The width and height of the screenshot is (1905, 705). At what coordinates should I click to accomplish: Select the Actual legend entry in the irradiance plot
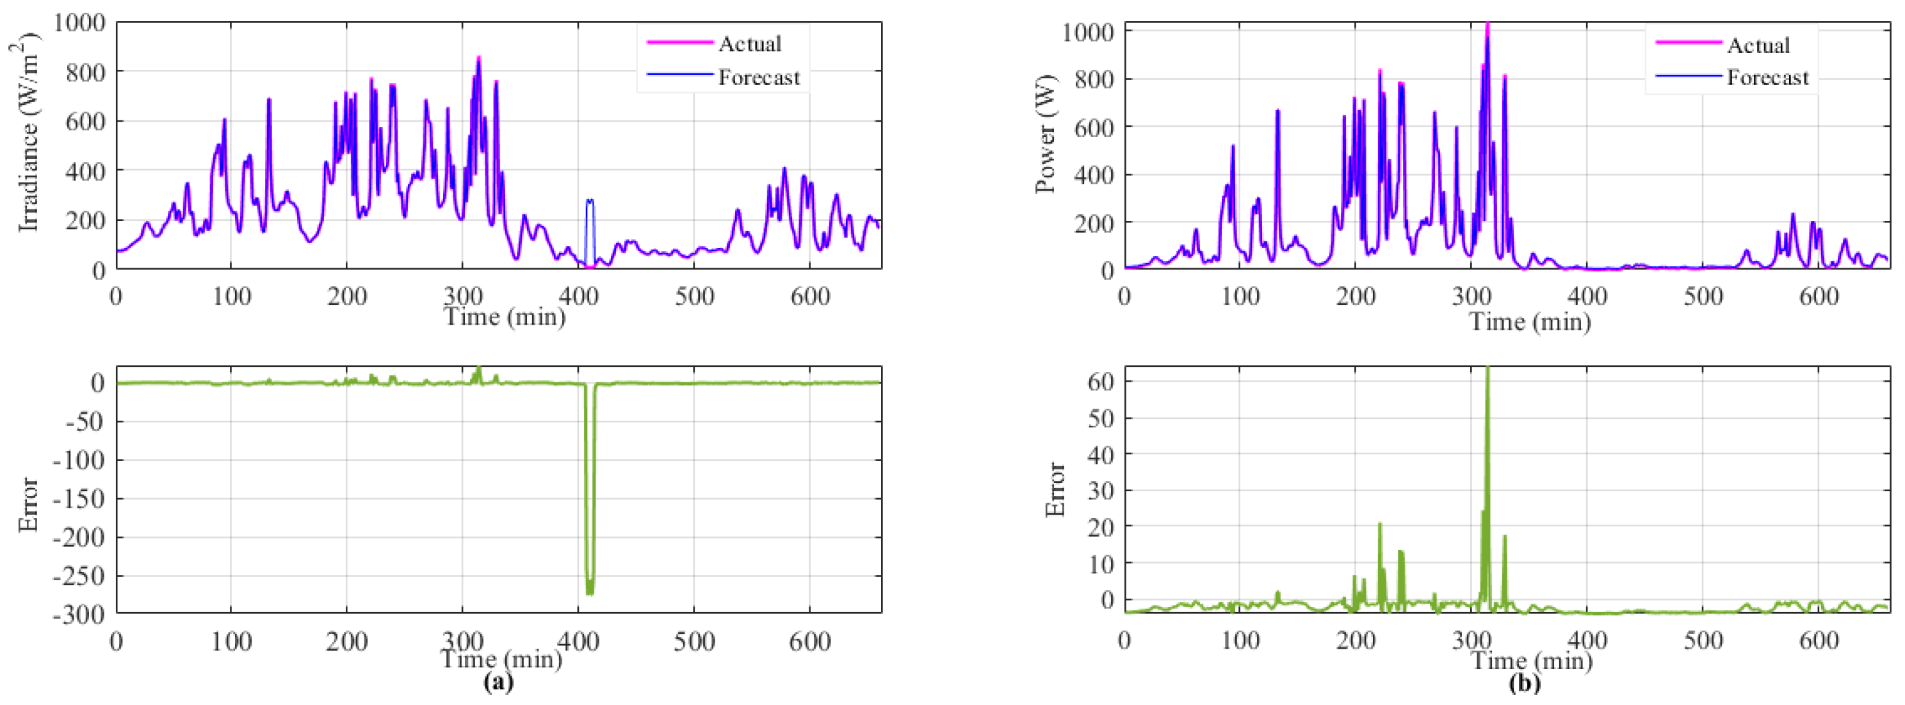[749, 44]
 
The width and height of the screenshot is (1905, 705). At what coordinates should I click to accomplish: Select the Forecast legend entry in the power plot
[1767, 77]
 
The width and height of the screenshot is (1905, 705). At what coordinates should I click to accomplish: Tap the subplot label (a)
[498, 681]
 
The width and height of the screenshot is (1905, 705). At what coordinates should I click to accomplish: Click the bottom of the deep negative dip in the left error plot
[589, 592]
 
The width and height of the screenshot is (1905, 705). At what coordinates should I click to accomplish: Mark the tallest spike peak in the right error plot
[1487, 368]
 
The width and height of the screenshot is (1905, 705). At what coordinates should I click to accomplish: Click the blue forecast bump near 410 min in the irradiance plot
[589, 200]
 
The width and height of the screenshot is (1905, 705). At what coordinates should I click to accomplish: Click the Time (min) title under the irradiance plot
[505, 316]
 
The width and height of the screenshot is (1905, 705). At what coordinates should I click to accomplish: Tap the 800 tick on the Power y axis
[1089, 79]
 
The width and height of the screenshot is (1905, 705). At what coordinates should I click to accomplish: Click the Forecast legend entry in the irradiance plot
[758, 77]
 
